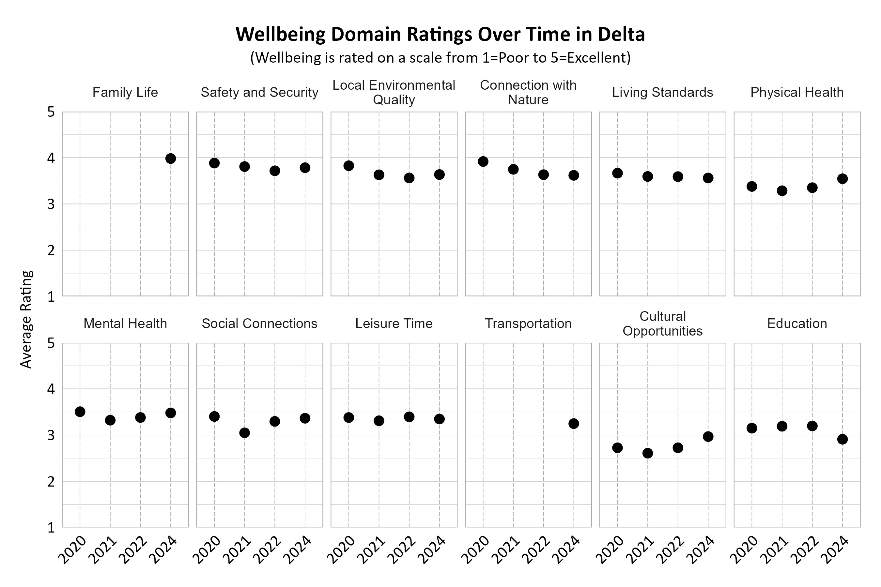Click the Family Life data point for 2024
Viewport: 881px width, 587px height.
pyautogui.click(x=170, y=159)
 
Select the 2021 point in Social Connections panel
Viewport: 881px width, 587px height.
pyautogui.click(x=245, y=433)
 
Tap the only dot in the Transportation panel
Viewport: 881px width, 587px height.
pyautogui.click(x=574, y=424)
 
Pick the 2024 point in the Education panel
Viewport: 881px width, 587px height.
pyautogui.click(x=842, y=439)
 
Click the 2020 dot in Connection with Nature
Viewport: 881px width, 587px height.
pyautogui.click(x=483, y=162)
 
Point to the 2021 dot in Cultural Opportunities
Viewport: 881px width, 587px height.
pyautogui.click(x=648, y=453)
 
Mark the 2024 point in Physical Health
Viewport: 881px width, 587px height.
pyautogui.click(x=842, y=179)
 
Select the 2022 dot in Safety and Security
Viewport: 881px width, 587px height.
pyautogui.click(x=275, y=171)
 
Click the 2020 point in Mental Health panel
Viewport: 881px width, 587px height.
pyautogui.click(x=80, y=412)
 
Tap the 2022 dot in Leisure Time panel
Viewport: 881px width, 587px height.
pyautogui.click(x=409, y=417)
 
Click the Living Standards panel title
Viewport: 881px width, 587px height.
pyautogui.click(x=662, y=93)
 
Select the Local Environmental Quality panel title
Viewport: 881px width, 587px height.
pyautogui.click(x=394, y=93)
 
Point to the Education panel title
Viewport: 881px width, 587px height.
pyautogui.click(x=797, y=324)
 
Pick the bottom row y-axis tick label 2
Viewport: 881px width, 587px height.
pyautogui.click(x=51, y=481)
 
